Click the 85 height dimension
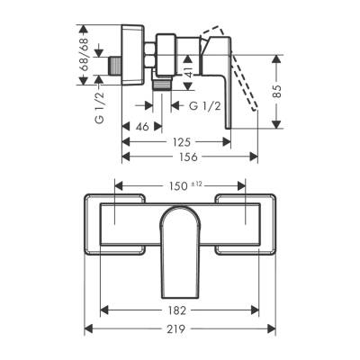279,90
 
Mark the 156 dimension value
187,156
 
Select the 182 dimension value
176,310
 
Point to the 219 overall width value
176,329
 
